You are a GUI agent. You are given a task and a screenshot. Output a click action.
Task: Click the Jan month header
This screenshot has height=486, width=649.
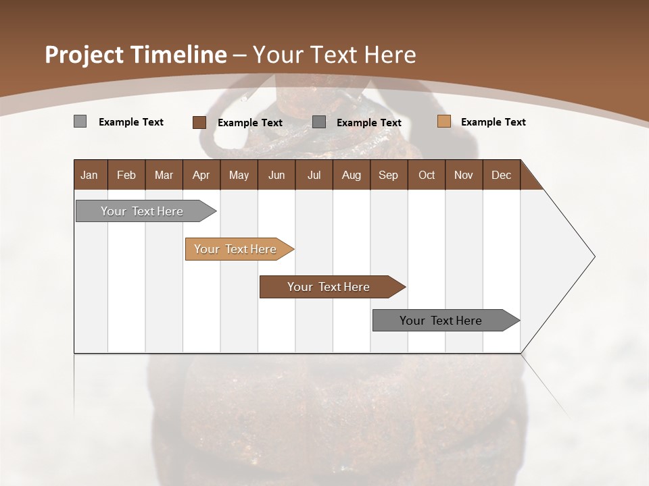coord(89,175)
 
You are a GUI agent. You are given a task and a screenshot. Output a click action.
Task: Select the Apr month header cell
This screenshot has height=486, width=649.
coord(201,175)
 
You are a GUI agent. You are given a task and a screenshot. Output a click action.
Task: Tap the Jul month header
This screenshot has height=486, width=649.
coord(314,175)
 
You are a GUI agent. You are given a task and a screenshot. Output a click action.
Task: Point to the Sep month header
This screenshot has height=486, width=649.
coord(388,175)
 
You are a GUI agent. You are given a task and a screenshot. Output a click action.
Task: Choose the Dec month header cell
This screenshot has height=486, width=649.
coord(501,175)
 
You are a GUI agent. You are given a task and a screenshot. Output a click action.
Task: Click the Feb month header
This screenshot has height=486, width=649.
coord(126,175)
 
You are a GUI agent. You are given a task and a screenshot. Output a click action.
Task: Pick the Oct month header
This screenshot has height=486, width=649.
coord(427,175)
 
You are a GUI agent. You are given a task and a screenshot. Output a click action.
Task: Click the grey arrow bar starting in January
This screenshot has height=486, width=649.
coord(142,211)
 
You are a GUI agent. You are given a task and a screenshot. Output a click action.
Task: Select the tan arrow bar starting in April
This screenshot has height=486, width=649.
coord(235,249)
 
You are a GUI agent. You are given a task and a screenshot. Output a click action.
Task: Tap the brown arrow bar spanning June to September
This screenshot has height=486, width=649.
coord(329,287)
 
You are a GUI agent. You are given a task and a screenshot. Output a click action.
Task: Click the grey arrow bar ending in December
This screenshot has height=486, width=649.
coord(441,321)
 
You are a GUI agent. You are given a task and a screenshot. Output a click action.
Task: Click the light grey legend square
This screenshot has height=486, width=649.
coord(80,122)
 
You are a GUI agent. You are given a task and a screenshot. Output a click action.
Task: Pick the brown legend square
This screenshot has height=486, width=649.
coord(199,122)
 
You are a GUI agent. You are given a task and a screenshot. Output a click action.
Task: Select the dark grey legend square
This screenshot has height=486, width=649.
coord(319,122)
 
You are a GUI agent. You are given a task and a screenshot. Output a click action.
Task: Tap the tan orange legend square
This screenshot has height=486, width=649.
coord(443,122)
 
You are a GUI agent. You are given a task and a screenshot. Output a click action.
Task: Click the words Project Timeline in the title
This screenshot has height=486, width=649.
coord(135,55)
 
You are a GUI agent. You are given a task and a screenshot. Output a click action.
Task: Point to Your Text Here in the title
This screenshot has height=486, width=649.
coord(334,55)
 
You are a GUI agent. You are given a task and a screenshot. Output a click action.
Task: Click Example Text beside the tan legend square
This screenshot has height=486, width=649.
coord(493,122)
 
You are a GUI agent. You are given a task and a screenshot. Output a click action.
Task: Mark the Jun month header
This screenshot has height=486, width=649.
coord(277,175)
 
